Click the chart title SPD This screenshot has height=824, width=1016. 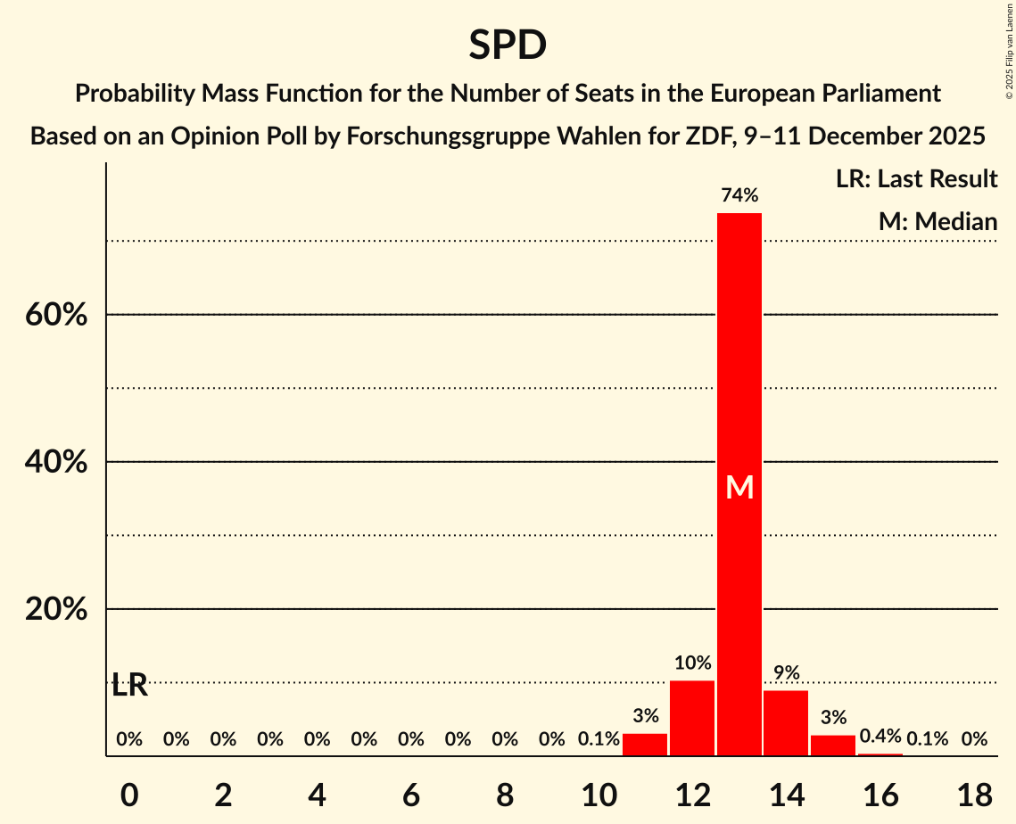[508, 45]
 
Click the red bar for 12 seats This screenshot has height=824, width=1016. [692, 718]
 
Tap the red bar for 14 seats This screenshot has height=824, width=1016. [786, 723]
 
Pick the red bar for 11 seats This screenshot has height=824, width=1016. [645, 745]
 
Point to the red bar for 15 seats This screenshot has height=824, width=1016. [833, 746]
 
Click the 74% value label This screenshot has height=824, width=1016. [739, 194]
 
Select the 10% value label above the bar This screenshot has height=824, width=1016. [692, 663]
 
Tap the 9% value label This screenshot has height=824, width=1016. [786, 672]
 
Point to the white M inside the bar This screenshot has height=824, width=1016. [739, 487]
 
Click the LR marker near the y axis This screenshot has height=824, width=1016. [130, 686]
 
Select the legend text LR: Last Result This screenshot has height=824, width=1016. [916, 179]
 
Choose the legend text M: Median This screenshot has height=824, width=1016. [938, 222]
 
